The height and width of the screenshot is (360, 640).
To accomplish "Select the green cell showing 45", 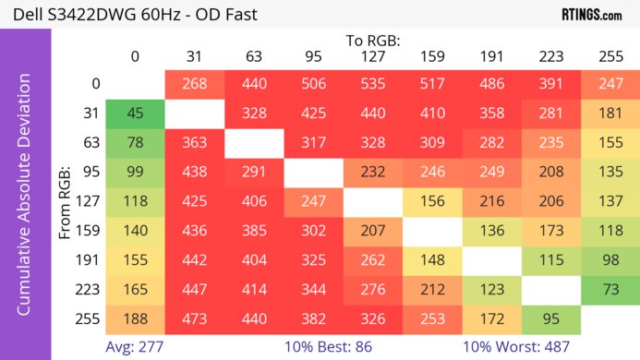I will coord(135,114).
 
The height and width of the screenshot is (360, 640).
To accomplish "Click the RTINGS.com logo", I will coord(591,14).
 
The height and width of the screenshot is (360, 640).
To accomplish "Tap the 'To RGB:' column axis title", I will coord(373,41).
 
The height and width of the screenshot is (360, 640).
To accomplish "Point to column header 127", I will coord(373,56).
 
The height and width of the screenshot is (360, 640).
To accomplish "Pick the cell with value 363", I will coord(195,144).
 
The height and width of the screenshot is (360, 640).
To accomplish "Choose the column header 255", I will coord(610,56).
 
